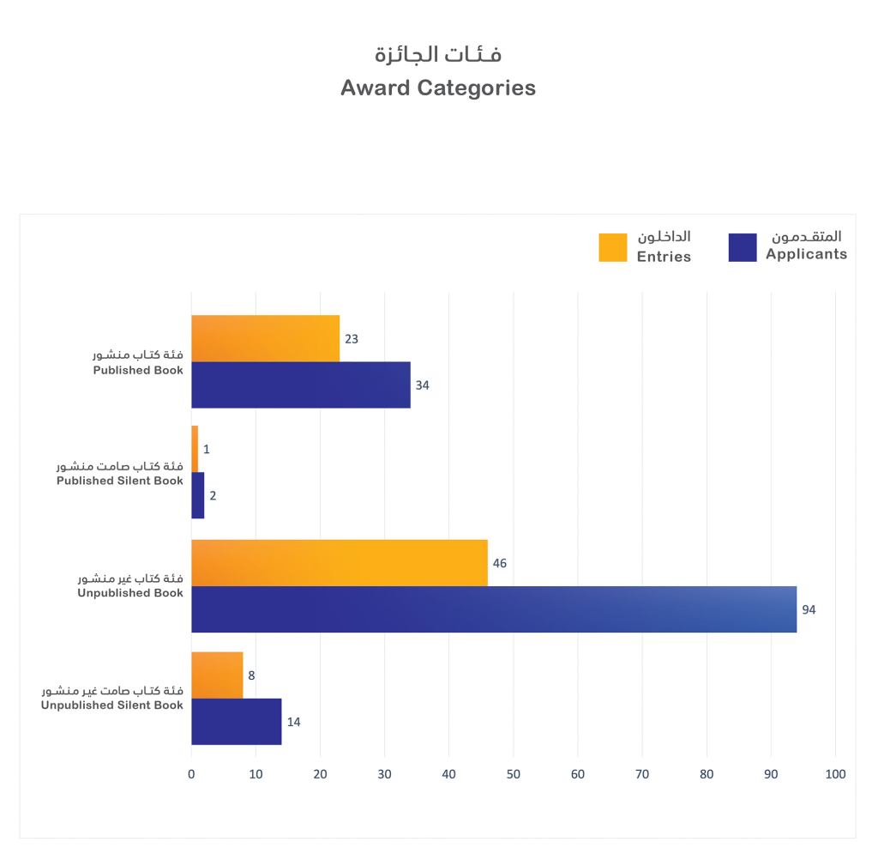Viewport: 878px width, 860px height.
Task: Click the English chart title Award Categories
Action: [437, 88]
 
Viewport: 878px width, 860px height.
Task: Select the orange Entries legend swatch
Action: [612, 247]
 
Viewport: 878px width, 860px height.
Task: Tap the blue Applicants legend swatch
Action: [742, 247]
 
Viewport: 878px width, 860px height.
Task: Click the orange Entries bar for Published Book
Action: [265, 338]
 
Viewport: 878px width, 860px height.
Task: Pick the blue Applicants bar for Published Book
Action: [300, 385]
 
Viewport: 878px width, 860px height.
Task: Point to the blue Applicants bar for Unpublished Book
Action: [493, 609]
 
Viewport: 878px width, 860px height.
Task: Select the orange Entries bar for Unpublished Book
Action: [339, 563]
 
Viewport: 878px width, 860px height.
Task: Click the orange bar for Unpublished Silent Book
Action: [217, 675]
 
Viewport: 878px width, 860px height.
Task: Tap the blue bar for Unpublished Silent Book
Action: [236, 721]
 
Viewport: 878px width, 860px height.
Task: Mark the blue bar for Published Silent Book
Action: [197, 495]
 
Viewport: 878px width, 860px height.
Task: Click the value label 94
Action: [809, 609]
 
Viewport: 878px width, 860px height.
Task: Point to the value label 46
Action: [500, 564]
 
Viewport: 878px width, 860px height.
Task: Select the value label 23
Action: [352, 338]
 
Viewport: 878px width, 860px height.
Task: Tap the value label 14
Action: [293, 722]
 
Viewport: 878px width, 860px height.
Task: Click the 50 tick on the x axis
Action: [513, 774]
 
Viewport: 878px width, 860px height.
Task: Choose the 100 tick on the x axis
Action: [834, 774]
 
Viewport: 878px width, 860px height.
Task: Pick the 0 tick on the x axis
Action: [191, 774]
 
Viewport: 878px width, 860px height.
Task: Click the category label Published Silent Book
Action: [120, 481]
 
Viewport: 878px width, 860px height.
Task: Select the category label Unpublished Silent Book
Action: [112, 706]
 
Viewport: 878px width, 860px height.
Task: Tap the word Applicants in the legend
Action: [806, 254]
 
